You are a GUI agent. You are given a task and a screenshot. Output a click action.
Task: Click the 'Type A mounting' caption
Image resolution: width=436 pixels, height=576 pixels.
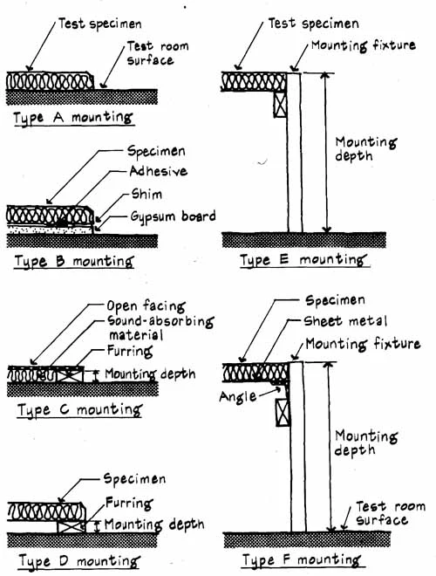(x=72, y=119)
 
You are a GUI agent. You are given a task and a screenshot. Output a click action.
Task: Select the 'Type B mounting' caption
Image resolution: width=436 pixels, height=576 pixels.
(x=74, y=262)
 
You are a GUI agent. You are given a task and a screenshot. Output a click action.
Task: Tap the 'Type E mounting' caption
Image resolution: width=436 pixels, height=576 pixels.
(x=303, y=260)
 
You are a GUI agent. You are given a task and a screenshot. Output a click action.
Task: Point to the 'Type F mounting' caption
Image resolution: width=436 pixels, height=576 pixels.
(x=302, y=560)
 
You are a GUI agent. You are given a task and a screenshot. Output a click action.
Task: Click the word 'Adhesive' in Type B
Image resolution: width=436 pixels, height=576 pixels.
(x=158, y=171)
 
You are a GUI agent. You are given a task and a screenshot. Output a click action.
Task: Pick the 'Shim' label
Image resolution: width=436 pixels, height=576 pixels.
(x=146, y=194)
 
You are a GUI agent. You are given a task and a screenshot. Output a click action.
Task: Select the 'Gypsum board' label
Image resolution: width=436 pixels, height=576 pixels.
(x=173, y=216)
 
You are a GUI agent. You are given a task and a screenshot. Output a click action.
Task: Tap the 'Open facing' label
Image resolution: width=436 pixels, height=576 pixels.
(x=146, y=306)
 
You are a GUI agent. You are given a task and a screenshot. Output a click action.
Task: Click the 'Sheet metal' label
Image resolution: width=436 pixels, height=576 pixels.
(x=345, y=321)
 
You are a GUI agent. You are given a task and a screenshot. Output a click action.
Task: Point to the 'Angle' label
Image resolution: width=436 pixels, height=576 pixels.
(x=237, y=397)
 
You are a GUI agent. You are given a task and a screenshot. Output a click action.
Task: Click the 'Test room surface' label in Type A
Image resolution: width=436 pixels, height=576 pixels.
(x=158, y=53)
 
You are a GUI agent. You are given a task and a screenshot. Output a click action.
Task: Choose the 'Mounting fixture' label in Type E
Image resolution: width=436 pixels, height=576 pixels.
(x=364, y=45)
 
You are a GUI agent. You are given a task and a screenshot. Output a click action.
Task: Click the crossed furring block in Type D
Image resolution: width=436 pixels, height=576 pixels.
(x=72, y=527)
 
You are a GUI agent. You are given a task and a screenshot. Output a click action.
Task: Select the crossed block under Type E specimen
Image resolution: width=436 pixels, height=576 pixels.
(x=281, y=105)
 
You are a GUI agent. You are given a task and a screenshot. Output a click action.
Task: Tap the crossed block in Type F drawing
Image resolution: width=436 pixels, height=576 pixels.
(x=283, y=412)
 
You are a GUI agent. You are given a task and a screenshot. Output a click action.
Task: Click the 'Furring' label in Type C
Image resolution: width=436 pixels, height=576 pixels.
(x=130, y=351)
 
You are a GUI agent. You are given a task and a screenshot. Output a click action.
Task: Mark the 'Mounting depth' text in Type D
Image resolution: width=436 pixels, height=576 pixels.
(x=154, y=525)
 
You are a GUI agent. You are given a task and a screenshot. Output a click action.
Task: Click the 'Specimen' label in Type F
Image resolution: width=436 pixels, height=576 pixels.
(x=335, y=300)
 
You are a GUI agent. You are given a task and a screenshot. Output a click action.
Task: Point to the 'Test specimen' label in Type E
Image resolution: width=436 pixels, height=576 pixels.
(x=313, y=24)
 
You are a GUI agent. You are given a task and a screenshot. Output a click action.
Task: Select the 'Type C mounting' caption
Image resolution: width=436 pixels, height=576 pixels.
(x=79, y=410)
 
